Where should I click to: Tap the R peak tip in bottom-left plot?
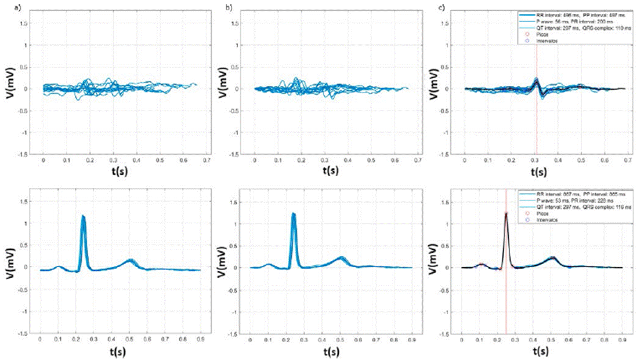click(x=83, y=216)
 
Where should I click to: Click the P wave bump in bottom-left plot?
click(x=58, y=267)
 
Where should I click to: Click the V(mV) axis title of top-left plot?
click(x=12, y=79)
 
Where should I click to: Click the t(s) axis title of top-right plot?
click(x=539, y=172)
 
